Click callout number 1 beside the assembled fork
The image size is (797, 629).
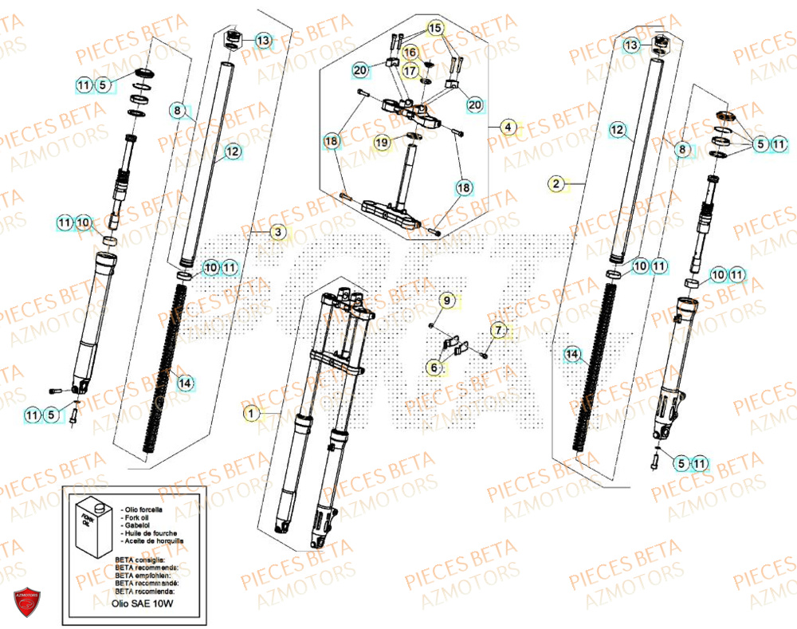pyautogui.click(x=252, y=413)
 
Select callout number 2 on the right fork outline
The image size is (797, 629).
pyautogui.click(x=556, y=184)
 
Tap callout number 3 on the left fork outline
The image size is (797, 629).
pyautogui.click(x=277, y=232)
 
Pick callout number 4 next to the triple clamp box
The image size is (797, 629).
pyautogui.click(x=507, y=126)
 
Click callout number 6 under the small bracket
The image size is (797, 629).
pyautogui.click(x=434, y=368)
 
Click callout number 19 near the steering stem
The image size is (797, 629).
pyautogui.click(x=382, y=142)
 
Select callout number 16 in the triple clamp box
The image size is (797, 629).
pyautogui.click(x=410, y=53)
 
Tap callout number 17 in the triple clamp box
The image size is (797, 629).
pyautogui.click(x=409, y=70)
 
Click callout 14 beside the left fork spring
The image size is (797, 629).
pyautogui.click(x=185, y=383)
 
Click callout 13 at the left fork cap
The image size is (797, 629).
pyautogui.click(x=262, y=40)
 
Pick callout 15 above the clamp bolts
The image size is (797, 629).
pyautogui.click(x=434, y=28)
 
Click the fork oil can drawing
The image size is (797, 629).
pyautogui.click(x=89, y=530)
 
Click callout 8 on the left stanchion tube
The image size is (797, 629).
pyautogui.click(x=178, y=110)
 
